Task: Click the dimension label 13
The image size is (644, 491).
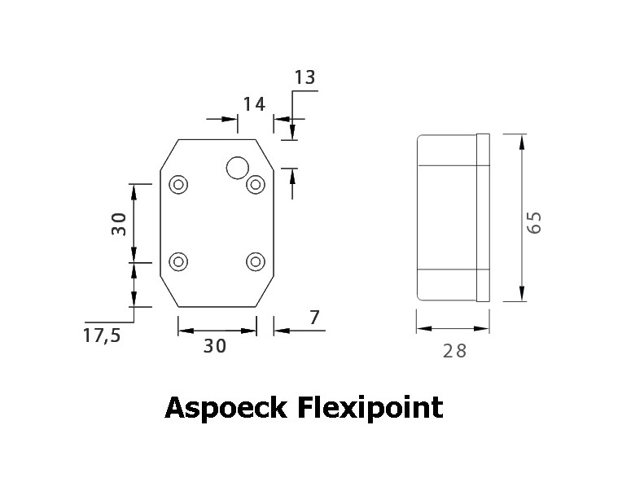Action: [304, 77]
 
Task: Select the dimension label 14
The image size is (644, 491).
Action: [254, 104]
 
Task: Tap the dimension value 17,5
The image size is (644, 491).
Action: [102, 335]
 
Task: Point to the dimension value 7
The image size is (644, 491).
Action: [314, 318]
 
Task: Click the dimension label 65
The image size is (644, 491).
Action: [534, 223]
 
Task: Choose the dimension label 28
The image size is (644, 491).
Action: [454, 351]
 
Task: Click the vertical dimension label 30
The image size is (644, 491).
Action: [119, 224]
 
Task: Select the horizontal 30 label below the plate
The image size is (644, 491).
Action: [215, 346]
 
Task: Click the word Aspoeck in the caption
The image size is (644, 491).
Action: [226, 408]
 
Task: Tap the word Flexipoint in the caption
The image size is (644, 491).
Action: [370, 408]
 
